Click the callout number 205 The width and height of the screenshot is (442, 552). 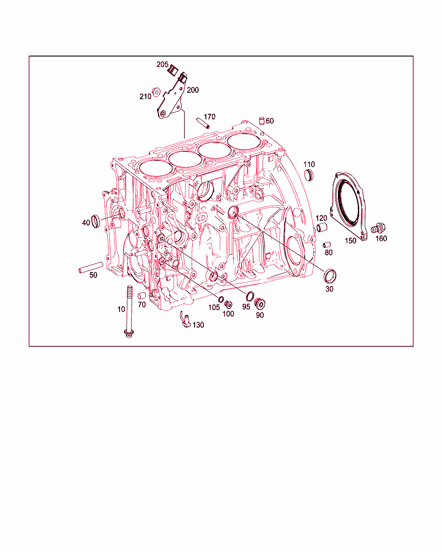coord(162,64)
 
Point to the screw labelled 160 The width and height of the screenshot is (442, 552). coord(378,228)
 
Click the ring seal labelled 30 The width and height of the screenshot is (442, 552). coord(330,276)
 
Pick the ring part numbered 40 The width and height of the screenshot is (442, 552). coord(95,221)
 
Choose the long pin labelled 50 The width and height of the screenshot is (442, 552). coord(91,267)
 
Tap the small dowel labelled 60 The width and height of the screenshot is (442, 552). coord(262,121)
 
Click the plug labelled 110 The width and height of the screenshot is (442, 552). coord(309,175)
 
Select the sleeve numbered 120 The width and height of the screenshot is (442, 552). coord(322,227)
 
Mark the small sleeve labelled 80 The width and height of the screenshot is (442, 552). coord(326,245)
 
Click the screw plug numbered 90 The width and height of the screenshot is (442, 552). coord(260,304)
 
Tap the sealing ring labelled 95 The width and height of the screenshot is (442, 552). coord(250,297)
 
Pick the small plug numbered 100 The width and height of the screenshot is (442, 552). coord(228,304)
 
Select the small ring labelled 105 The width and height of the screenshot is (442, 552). coord(221,299)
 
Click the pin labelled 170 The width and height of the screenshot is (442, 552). coord(203,123)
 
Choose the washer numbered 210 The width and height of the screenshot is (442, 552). coord(156,92)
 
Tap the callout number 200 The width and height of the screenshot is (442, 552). coord(193,90)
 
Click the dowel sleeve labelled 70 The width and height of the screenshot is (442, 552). coord(142,296)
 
